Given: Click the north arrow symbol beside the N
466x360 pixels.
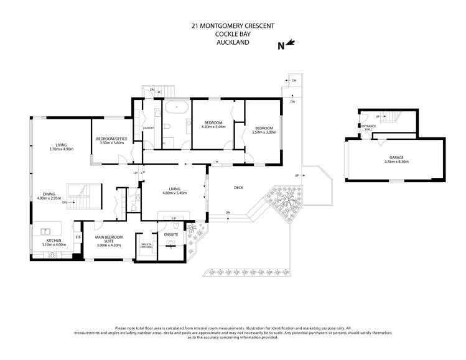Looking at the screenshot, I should coord(292,44).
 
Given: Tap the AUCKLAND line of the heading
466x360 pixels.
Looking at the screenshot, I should coord(232,44).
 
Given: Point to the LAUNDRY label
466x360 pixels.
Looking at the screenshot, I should coord(148,128).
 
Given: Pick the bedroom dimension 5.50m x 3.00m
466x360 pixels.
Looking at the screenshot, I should coord(264,132).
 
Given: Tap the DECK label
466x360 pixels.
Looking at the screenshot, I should coord(238,187).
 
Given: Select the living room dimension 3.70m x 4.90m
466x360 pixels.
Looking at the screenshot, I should coord(61,149).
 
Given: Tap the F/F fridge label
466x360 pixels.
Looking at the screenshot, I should coord(78,237).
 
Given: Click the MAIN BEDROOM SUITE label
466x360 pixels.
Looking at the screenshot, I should coord(109,239).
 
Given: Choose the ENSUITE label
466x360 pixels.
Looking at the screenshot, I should coord(171,234).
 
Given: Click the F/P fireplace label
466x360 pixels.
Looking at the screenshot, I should coord(174,218).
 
